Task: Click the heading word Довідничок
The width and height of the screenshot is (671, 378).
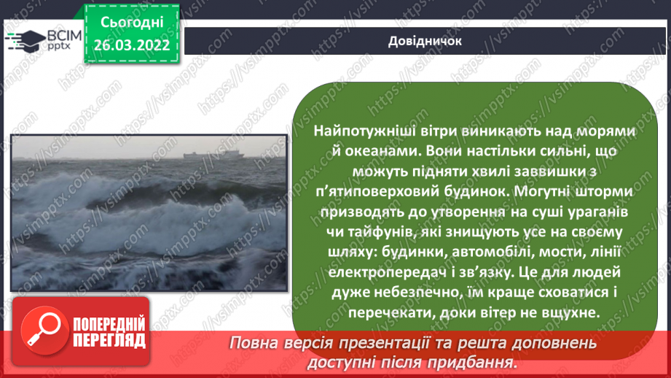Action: point(425,41)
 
